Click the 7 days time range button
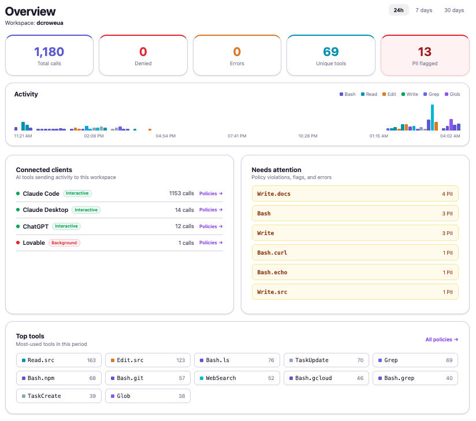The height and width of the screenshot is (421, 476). (423, 10)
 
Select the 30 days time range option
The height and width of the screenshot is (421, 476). (453, 10)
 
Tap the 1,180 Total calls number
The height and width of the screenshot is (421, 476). (49, 52)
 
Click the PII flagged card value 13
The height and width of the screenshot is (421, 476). (425, 52)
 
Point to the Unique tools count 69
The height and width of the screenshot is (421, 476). (331, 52)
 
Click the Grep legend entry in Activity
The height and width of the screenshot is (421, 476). (431, 94)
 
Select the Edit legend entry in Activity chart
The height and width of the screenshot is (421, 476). (389, 94)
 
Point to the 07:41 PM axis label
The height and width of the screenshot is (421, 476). (237, 136)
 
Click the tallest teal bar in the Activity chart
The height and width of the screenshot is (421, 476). (432, 117)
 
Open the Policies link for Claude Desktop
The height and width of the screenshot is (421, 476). (211, 210)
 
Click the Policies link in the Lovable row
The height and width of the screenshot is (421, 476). (211, 243)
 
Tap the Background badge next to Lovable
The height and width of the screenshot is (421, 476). (64, 243)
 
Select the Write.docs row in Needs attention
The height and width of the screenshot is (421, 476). (355, 194)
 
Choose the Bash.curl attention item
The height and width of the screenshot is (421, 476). (355, 253)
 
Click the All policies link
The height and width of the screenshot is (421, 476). (441, 340)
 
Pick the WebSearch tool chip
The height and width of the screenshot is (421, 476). (237, 378)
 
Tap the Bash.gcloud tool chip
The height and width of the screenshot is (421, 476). (326, 378)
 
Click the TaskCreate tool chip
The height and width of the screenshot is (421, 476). (58, 396)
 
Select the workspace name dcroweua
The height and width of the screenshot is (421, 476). (50, 23)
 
